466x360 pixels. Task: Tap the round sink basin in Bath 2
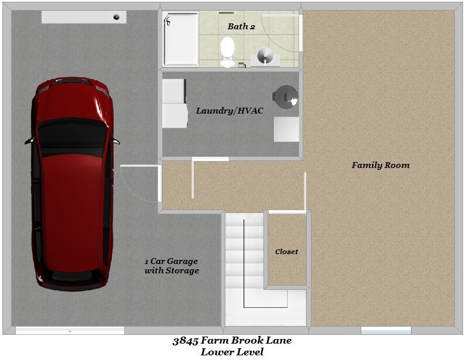[266, 56]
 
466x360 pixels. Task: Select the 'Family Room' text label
[381, 165]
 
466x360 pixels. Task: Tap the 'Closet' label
[286, 252]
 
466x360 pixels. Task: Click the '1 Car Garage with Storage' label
[172, 266]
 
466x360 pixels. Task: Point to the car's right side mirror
[115, 141]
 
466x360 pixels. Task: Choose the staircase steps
[244, 258]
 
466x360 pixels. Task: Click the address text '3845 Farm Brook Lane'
[232, 341]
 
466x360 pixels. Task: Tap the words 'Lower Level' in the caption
[232, 352]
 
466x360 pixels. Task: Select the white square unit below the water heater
[286, 129]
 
